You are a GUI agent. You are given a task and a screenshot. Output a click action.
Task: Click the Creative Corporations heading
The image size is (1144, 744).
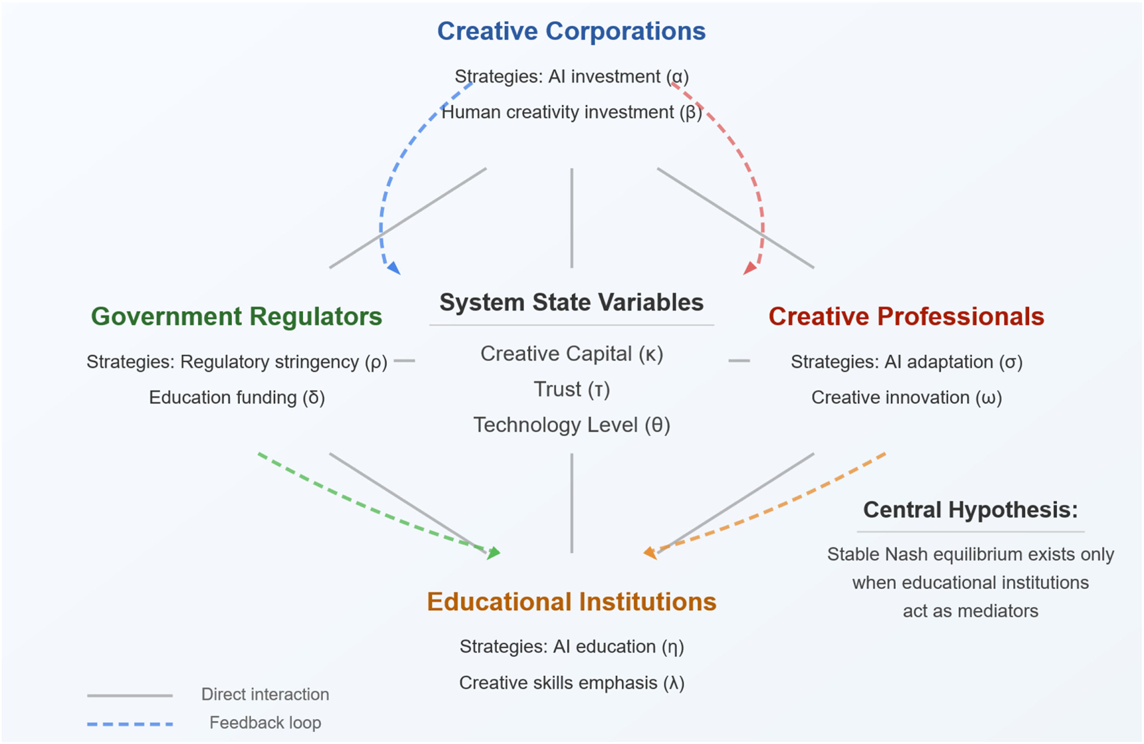tap(571, 32)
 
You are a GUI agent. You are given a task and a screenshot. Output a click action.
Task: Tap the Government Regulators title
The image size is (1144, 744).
tap(236, 316)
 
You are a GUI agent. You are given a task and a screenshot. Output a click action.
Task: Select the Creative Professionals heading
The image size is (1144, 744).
tap(906, 316)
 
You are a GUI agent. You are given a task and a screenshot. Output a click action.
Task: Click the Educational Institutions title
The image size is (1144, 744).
tap(571, 602)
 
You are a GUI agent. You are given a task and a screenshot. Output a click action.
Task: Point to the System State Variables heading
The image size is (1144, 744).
tap(571, 303)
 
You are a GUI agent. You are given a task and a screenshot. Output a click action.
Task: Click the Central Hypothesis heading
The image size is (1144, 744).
tap(970, 510)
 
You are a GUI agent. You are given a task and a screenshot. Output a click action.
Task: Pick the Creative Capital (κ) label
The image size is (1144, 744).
tap(571, 354)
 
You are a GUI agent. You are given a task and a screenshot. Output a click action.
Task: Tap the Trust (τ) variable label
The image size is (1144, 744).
tap(571, 390)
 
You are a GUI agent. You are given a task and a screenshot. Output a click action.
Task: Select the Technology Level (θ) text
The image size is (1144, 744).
tap(571, 425)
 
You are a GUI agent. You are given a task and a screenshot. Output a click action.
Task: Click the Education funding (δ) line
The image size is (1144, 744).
tap(236, 398)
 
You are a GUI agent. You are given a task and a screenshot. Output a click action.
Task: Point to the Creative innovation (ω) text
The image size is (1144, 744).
tap(906, 398)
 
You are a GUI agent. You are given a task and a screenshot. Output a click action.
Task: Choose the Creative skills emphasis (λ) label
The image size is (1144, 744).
tap(571, 683)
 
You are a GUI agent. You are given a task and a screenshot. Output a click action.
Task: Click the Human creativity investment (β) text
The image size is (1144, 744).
tap(571, 113)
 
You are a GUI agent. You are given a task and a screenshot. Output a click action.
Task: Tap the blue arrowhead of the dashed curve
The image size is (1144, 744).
tap(395, 268)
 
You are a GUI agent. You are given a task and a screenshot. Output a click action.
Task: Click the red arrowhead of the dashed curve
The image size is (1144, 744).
tap(749, 268)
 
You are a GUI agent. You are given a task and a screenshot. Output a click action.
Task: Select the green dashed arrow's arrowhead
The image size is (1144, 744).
tap(494, 553)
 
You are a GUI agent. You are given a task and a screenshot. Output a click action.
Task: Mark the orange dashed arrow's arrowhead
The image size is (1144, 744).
tap(650, 553)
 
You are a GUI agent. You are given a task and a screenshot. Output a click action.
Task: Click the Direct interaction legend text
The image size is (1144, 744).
tap(265, 695)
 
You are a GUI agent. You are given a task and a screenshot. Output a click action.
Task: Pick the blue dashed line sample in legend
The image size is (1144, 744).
tap(130, 724)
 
